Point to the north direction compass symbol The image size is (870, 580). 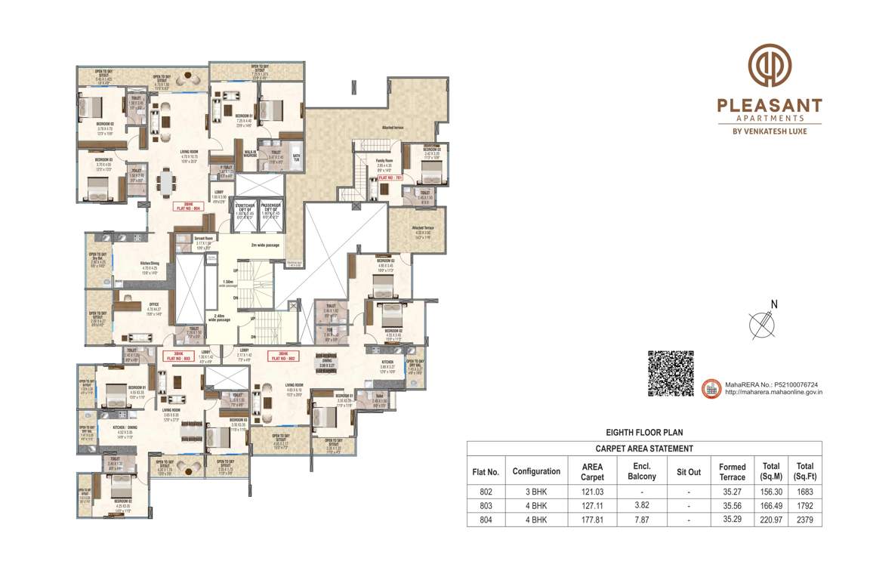764,323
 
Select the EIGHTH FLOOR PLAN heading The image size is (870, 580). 644,433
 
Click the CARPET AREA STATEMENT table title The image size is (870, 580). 644,449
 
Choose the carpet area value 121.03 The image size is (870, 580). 592,492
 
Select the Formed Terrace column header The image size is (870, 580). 732,471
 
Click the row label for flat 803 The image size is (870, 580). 486,506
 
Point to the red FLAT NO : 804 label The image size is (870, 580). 186,206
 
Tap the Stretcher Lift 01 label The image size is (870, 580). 245,208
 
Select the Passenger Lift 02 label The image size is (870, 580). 270,208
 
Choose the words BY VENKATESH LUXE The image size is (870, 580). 770,131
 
